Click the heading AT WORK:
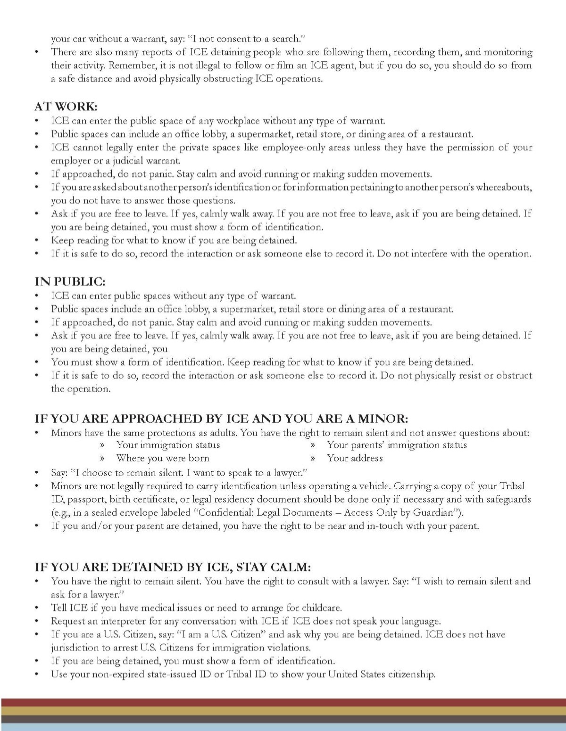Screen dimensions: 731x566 point(66,107)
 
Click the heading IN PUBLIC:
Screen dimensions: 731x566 point(70,281)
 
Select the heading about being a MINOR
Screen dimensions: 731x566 point(221,419)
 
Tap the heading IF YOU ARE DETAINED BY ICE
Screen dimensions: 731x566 point(173,567)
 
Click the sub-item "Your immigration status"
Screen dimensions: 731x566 point(168,445)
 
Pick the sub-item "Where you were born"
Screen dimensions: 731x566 point(163,458)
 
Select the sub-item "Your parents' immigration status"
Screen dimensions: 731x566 point(397,445)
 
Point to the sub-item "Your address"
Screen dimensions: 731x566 point(355,458)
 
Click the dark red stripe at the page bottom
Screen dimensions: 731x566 point(283,702)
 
